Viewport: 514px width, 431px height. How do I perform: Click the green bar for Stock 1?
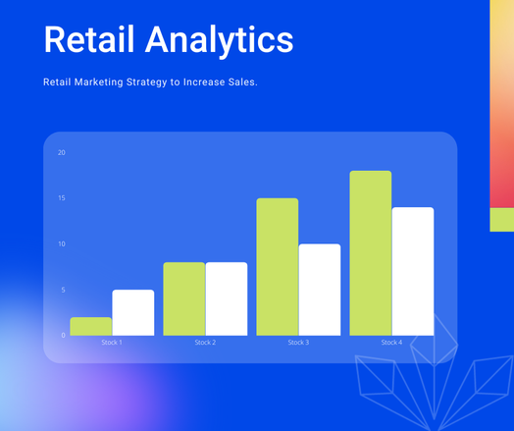[91, 326]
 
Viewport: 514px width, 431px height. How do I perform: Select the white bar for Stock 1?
[133, 312]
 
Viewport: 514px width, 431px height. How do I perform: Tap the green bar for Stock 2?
[184, 298]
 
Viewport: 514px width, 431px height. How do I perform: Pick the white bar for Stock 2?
[227, 298]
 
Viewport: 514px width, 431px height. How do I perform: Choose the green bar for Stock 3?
[278, 267]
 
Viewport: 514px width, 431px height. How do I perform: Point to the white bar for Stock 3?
[320, 290]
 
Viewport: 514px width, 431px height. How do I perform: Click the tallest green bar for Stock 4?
[371, 253]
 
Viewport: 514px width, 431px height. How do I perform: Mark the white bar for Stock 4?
[413, 271]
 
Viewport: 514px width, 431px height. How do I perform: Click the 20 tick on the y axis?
[62, 152]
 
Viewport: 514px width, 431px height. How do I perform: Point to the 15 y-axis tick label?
[62, 198]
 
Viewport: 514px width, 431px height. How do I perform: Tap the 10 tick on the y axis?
[62, 244]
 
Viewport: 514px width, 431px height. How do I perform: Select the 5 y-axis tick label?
[63, 290]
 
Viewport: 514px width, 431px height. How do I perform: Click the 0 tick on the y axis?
[63, 335]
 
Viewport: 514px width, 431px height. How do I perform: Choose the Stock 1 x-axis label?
[112, 343]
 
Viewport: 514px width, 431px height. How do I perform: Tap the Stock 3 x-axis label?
[298, 343]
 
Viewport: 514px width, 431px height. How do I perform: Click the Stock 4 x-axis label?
[391, 343]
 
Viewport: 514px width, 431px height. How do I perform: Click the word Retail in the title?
[89, 39]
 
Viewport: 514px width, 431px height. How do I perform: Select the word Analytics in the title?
[220, 41]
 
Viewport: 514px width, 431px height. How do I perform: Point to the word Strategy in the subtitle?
[146, 82]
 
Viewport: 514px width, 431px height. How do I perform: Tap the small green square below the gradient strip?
[502, 220]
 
